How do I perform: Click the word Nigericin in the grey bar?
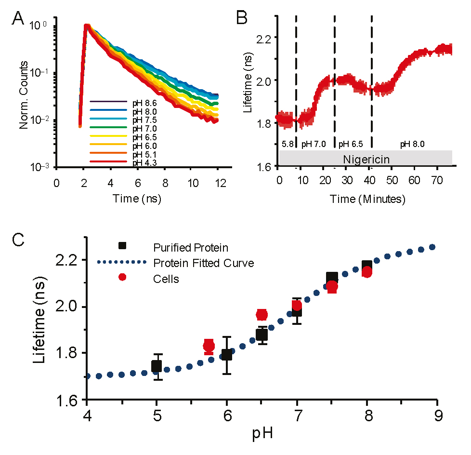366,158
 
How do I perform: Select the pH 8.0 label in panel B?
412,144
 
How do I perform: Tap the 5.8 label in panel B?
287,144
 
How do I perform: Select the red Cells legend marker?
122,277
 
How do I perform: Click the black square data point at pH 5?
156,366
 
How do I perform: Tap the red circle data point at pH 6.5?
262,314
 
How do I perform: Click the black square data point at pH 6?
226,355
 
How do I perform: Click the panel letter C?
18,241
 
